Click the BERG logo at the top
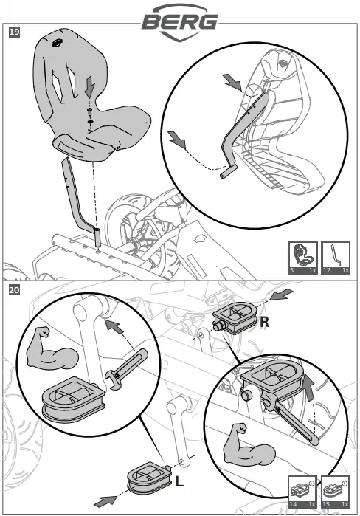tap(180, 22)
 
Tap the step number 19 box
tap(14, 32)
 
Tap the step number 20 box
tap(14, 290)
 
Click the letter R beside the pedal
tap(264, 322)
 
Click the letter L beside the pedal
tap(179, 482)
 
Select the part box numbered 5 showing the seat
tap(302, 258)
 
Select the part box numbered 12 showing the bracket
tap(336, 258)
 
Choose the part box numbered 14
tap(302, 492)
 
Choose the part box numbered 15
tap(336, 492)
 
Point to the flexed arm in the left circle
tap(51, 349)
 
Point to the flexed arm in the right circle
tap(249, 445)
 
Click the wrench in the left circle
tap(127, 369)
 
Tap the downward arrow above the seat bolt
tap(89, 86)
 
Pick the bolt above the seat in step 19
tap(89, 111)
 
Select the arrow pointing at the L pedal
tap(106, 500)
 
